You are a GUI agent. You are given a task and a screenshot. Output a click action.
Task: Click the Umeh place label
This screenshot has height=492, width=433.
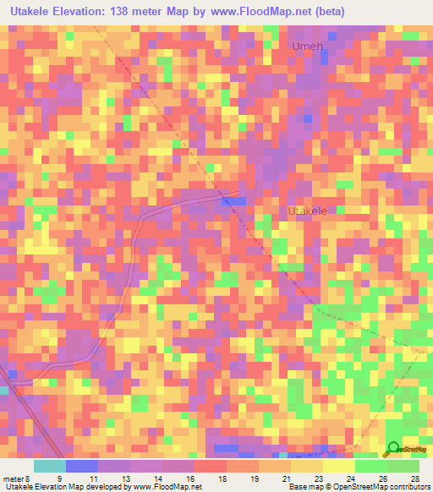pyautogui.click(x=307, y=46)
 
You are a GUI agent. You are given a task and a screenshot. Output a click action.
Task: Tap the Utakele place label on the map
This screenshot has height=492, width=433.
pyautogui.click(x=307, y=210)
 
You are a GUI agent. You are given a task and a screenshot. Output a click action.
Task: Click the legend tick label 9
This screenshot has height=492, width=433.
pyautogui.click(x=59, y=478)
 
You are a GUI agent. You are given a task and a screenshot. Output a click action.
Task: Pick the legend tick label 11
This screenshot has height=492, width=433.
pyautogui.click(x=92, y=478)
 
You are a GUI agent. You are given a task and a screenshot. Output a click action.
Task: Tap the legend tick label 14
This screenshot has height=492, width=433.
pyautogui.click(x=156, y=478)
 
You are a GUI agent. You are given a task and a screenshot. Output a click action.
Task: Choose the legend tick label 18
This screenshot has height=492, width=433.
pyautogui.click(x=221, y=478)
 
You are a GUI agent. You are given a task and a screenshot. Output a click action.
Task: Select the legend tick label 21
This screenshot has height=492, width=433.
pyautogui.click(x=285, y=478)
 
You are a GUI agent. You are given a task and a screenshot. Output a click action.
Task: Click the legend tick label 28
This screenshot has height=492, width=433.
pyautogui.click(x=414, y=478)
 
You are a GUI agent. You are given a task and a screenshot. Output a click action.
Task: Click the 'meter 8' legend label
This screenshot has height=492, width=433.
pyautogui.click(x=15, y=478)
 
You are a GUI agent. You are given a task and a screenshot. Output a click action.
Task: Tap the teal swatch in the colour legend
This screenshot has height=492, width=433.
pyautogui.click(x=50, y=466)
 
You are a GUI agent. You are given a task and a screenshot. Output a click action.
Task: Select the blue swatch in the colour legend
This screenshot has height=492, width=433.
pyautogui.click(x=82, y=466)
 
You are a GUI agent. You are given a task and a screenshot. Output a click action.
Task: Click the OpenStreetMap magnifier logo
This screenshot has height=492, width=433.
pyautogui.click(x=392, y=448)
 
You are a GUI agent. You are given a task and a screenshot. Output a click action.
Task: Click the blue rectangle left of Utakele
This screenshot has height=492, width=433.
pyautogui.click(x=234, y=201)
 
